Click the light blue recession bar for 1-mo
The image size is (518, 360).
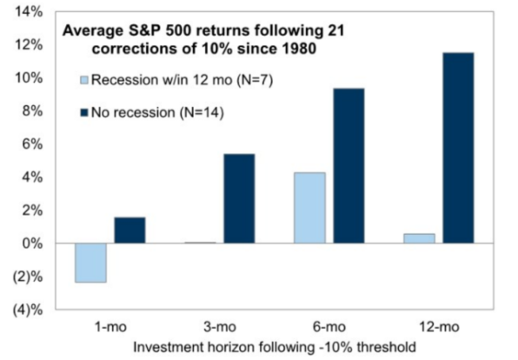90,263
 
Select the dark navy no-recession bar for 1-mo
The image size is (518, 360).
129,230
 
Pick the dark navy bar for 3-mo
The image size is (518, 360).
239,198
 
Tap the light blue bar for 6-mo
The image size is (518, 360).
309,208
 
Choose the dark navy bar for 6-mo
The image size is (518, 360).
349,166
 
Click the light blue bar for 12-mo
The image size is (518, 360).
419,238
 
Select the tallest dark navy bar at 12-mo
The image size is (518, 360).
459,148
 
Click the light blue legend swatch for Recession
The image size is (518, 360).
84,80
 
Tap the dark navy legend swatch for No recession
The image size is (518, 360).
84,113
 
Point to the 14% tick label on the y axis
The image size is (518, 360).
29,12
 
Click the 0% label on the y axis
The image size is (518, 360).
32,243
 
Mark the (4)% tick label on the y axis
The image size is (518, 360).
28,310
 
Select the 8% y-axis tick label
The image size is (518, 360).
32,111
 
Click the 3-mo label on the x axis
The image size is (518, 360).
220,327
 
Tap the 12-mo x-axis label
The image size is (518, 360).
439,327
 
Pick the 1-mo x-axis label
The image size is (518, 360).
110,327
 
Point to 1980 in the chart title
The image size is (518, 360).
299,49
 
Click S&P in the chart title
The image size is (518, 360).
144,30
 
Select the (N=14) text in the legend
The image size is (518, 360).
202,113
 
